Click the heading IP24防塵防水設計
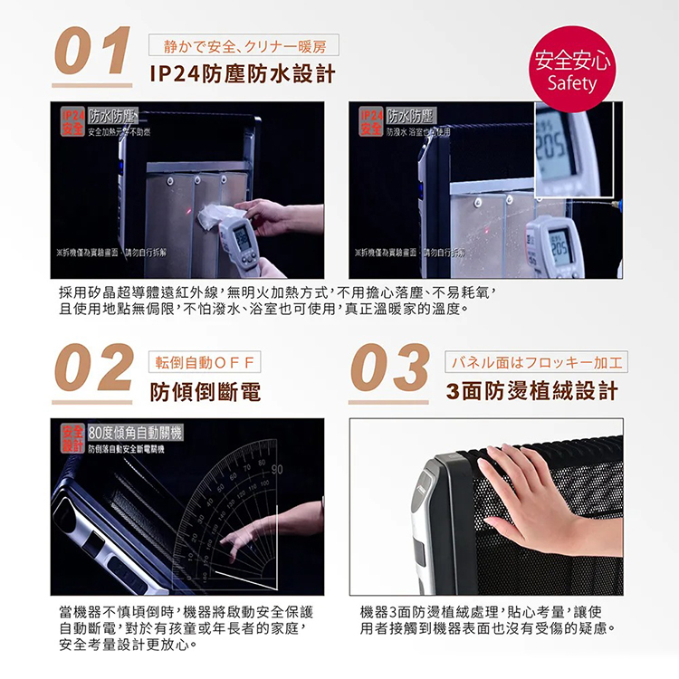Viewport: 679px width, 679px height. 243,72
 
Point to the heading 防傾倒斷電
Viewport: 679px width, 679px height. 206,391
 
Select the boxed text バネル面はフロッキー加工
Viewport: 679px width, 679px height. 537,362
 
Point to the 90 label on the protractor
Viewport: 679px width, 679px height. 277,469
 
